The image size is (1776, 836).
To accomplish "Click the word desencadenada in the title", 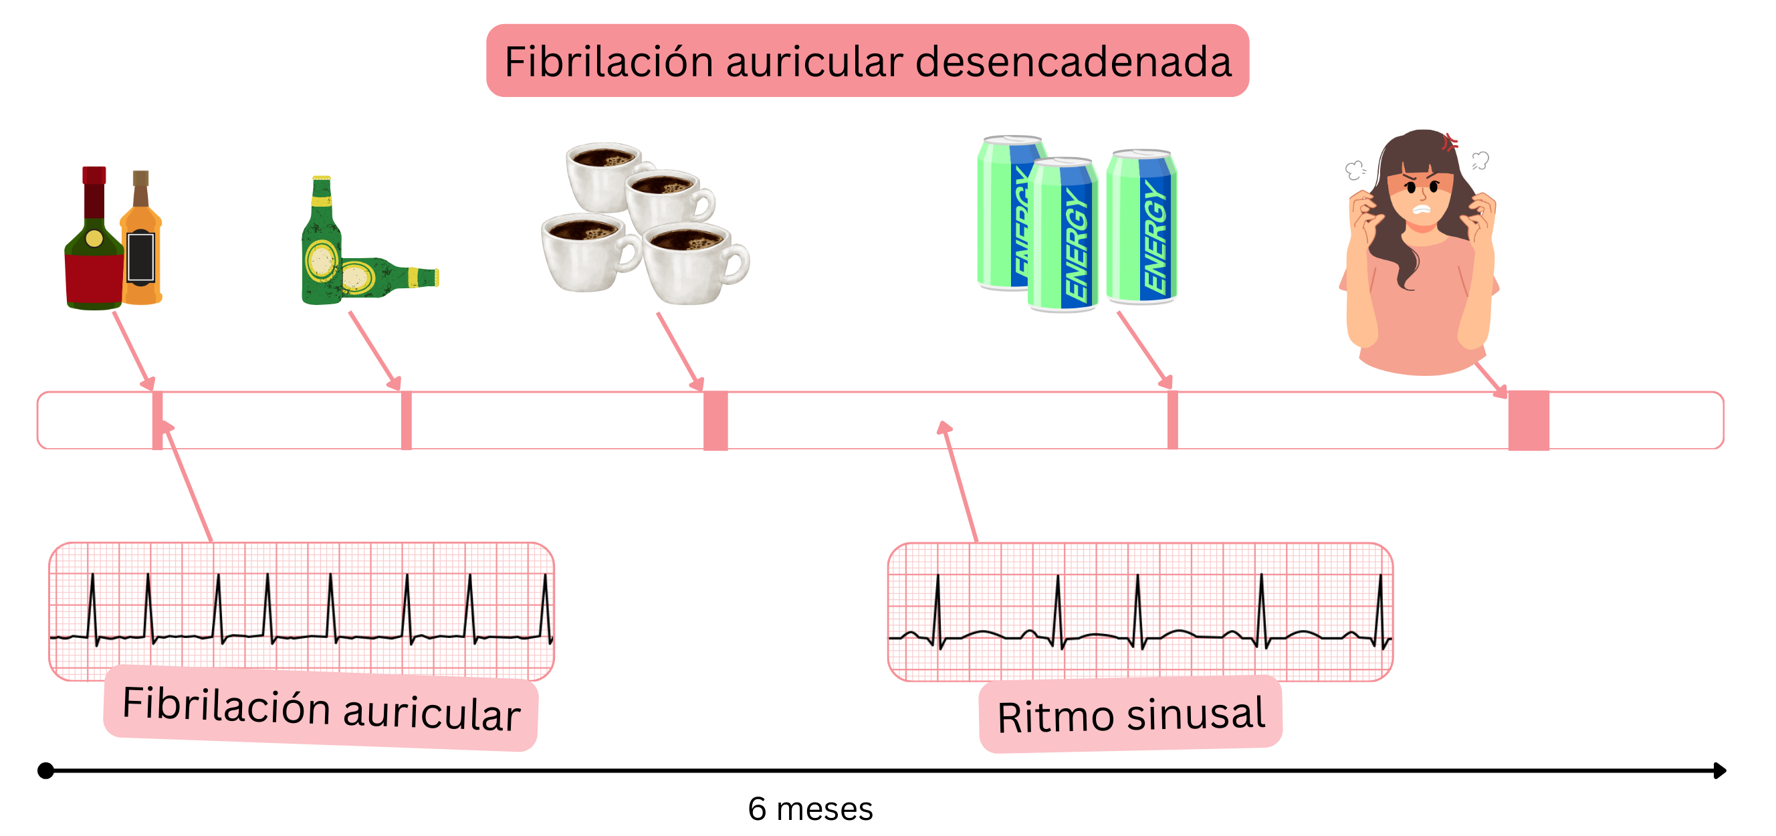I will tap(1073, 62).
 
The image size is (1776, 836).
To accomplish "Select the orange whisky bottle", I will tap(141, 248).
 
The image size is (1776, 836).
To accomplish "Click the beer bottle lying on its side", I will tap(386, 278).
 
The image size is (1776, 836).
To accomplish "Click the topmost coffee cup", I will tap(604, 176).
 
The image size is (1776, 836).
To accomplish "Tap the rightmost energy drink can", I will tap(1141, 227).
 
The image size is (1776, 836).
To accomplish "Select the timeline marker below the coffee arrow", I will tap(715, 421).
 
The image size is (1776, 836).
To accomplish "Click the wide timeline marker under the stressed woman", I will tap(1529, 421).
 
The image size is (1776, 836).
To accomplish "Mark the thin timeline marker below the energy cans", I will tap(1172, 421).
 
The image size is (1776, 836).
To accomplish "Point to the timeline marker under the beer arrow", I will tap(406, 421).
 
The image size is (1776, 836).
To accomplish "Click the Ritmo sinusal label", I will tap(1131, 716).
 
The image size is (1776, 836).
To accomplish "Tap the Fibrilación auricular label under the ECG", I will tap(320, 709).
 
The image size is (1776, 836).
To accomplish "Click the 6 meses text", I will tap(810, 809).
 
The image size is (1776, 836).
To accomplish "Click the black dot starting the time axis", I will tap(45, 770).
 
